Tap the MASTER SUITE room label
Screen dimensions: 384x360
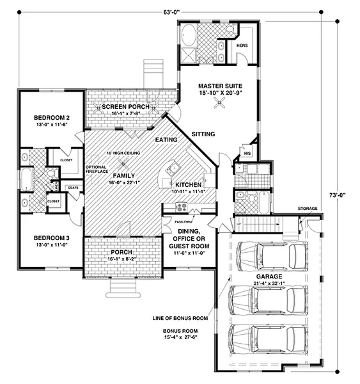(219, 85)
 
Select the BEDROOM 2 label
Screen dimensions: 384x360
(51, 118)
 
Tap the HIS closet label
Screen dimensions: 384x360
(246, 154)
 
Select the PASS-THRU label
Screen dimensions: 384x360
(174, 221)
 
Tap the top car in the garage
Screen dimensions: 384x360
(269, 255)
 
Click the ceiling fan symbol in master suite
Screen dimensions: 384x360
(219, 109)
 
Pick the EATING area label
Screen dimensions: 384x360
(166, 140)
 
